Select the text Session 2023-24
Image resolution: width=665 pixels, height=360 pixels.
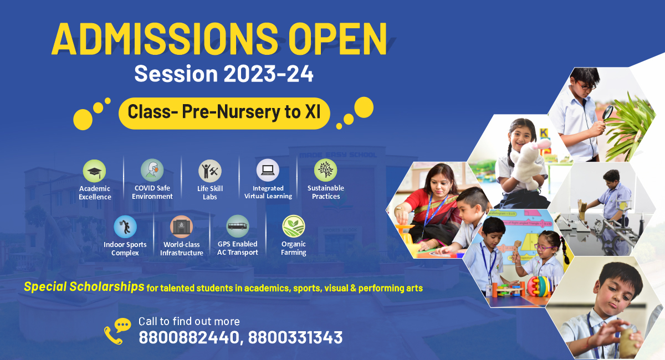[224, 74]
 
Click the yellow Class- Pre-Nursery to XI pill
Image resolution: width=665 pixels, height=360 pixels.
[224, 114]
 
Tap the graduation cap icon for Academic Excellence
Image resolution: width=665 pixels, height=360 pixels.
[94, 171]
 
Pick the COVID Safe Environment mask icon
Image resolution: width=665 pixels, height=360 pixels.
[152, 171]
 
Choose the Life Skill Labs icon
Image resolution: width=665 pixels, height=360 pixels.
[210, 171]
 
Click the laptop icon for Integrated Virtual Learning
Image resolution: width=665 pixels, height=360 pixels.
[268, 171]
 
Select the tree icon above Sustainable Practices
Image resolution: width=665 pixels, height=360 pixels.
[326, 171]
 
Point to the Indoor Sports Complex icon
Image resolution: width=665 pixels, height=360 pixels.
[125, 227]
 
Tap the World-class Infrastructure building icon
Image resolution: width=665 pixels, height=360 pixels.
[181, 227]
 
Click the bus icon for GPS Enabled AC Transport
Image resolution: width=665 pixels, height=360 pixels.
[238, 226]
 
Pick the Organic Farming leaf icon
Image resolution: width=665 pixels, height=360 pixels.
[294, 226]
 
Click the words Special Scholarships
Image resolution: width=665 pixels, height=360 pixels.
[84, 287]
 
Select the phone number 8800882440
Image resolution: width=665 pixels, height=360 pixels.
[189, 337]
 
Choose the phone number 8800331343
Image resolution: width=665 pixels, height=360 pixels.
[295, 337]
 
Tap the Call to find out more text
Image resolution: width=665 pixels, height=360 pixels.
[189, 321]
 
